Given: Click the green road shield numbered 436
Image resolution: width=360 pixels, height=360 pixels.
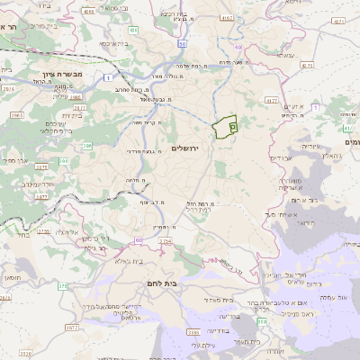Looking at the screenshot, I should [x=132, y=30].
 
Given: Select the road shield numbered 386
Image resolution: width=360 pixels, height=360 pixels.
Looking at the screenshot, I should [x=87, y=144].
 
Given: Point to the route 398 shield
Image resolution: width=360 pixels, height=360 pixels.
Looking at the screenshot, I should [x=261, y=320].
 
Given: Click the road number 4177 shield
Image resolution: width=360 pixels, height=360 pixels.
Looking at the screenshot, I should [x=271, y=102].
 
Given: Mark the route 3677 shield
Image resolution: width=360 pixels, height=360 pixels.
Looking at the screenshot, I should [x=72, y=328].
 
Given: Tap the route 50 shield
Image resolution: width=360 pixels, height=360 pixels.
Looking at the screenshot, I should [x=182, y=42].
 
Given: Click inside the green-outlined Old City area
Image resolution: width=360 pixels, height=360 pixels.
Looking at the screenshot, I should [x=225, y=127].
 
